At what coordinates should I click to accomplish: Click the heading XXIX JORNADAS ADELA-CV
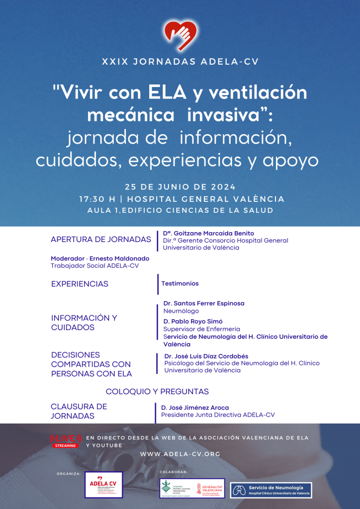(180, 62)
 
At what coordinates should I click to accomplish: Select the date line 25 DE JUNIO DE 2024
(180, 187)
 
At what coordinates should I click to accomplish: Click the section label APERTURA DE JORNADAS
(101, 240)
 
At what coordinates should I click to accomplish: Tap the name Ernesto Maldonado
(119, 258)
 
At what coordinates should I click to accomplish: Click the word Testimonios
(180, 283)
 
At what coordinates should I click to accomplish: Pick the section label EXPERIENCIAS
(80, 284)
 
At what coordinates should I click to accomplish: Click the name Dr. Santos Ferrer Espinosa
(204, 303)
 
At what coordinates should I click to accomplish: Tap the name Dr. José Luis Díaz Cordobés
(206, 356)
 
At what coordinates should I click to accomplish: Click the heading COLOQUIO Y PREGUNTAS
(157, 392)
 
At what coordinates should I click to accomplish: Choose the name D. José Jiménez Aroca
(195, 408)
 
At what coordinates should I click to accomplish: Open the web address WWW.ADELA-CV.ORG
(180, 454)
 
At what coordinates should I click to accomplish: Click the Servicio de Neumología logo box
(271, 490)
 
